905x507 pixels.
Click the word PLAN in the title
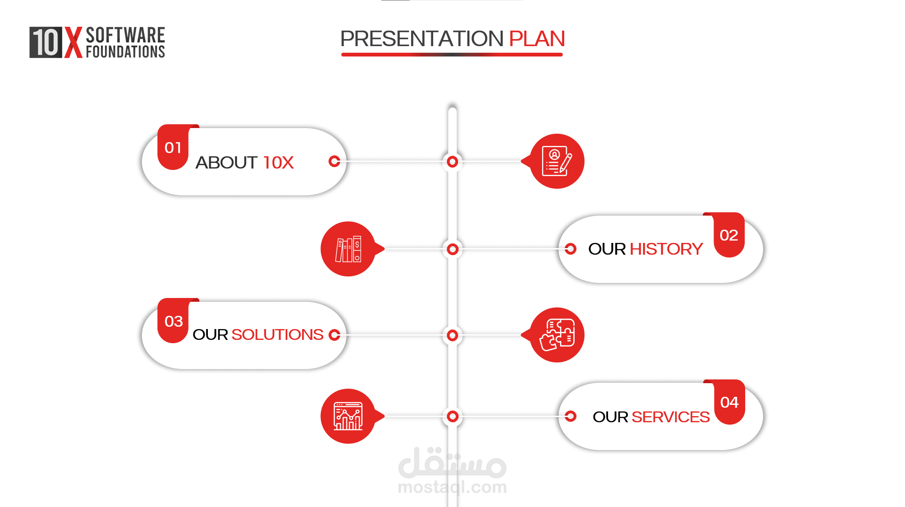pos(537,39)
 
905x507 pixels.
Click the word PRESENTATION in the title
pos(422,39)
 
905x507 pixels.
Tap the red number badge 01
pos(173,147)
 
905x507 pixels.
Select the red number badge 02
pos(729,235)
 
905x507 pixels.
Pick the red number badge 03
pos(173,321)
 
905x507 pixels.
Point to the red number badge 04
pos(729,402)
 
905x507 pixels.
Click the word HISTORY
pos(666,249)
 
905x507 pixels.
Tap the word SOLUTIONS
pos(277,335)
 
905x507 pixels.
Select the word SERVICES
pos(670,417)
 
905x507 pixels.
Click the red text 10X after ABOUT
pos(278,163)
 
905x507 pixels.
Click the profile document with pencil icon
pos(557,161)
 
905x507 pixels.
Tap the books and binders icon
pos(348,249)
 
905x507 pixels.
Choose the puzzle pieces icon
pos(557,335)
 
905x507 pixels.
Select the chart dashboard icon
pos(348,416)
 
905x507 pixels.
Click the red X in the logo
pos(73,42)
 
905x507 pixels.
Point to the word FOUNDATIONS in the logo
pos(125,52)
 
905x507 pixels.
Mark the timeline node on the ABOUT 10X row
pos(452,162)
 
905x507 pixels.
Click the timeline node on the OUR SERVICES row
pos(452,416)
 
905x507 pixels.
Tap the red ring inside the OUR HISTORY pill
pos(570,249)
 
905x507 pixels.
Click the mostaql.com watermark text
pos(452,487)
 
